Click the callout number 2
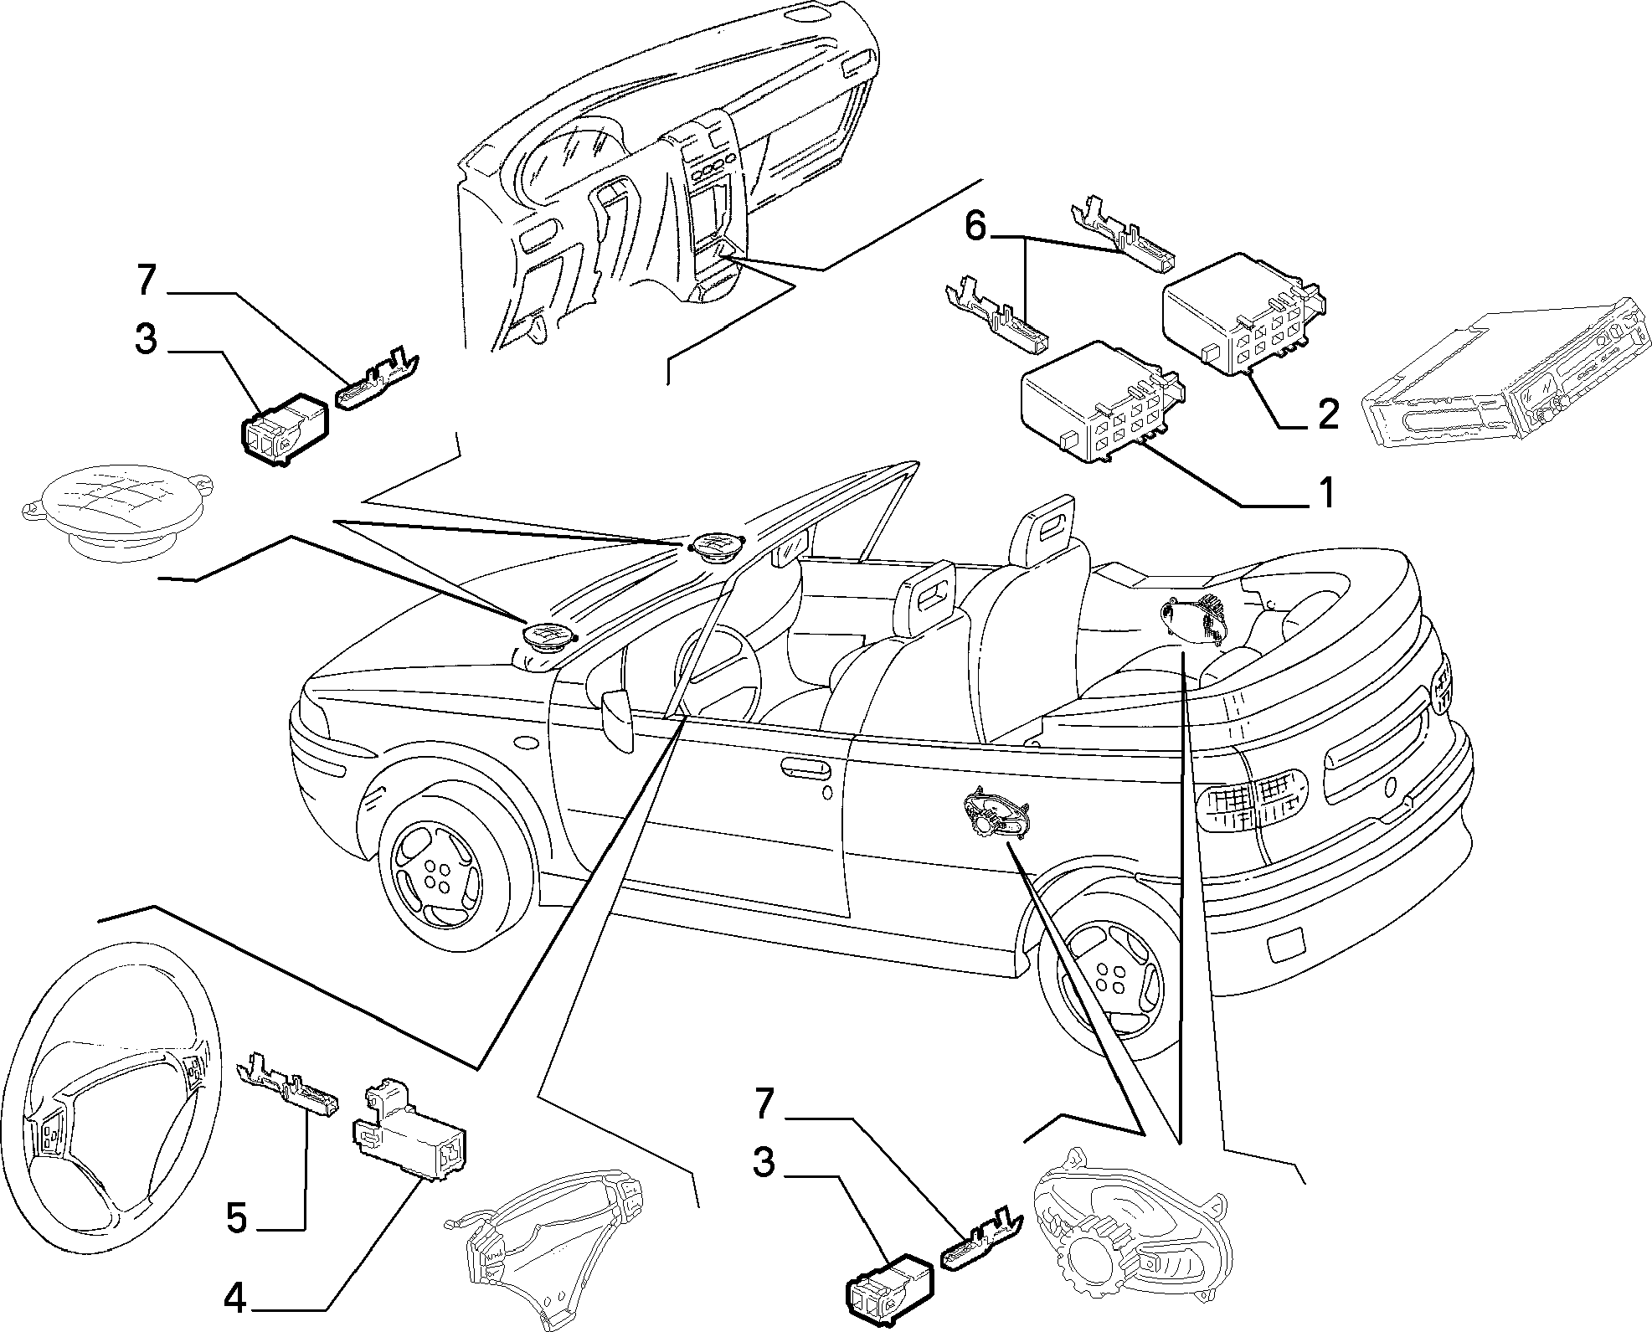click(1328, 414)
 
